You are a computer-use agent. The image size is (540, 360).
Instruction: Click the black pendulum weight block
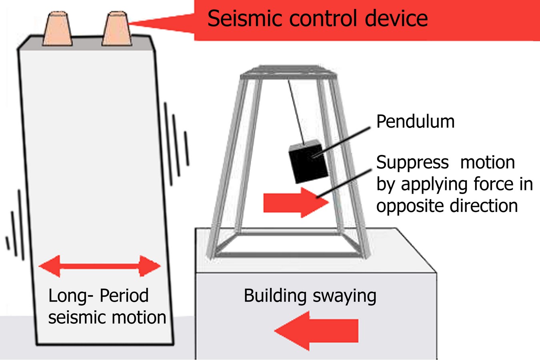pyautogui.click(x=308, y=161)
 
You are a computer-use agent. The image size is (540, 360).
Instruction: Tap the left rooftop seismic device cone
pyautogui.click(x=57, y=28)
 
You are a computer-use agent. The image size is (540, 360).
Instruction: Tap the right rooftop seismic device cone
pyautogui.click(x=117, y=28)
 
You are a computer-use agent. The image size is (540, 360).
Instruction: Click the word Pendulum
pyautogui.click(x=415, y=122)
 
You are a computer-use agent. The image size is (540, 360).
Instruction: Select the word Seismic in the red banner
pyautogui.click(x=244, y=18)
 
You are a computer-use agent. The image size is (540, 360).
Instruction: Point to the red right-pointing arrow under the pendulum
pyautogui.click(x=296, y=202)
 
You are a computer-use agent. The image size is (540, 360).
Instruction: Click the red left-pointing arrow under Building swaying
pyautogui.click(x=316, y=330)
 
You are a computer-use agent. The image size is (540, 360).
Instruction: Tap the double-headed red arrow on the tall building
pyautogui.click(x=100, y=266)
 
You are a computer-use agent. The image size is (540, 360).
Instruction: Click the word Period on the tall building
pyautogui.click(x=124, y=295)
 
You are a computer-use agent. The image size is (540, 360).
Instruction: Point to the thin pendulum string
pyautogui.click(x=296, y=112)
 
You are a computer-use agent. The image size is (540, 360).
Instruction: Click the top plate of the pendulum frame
pyautogui.click(x=289, y=72)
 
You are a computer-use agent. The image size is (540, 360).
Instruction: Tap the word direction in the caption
pyautogui.click(x=484, y=206)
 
